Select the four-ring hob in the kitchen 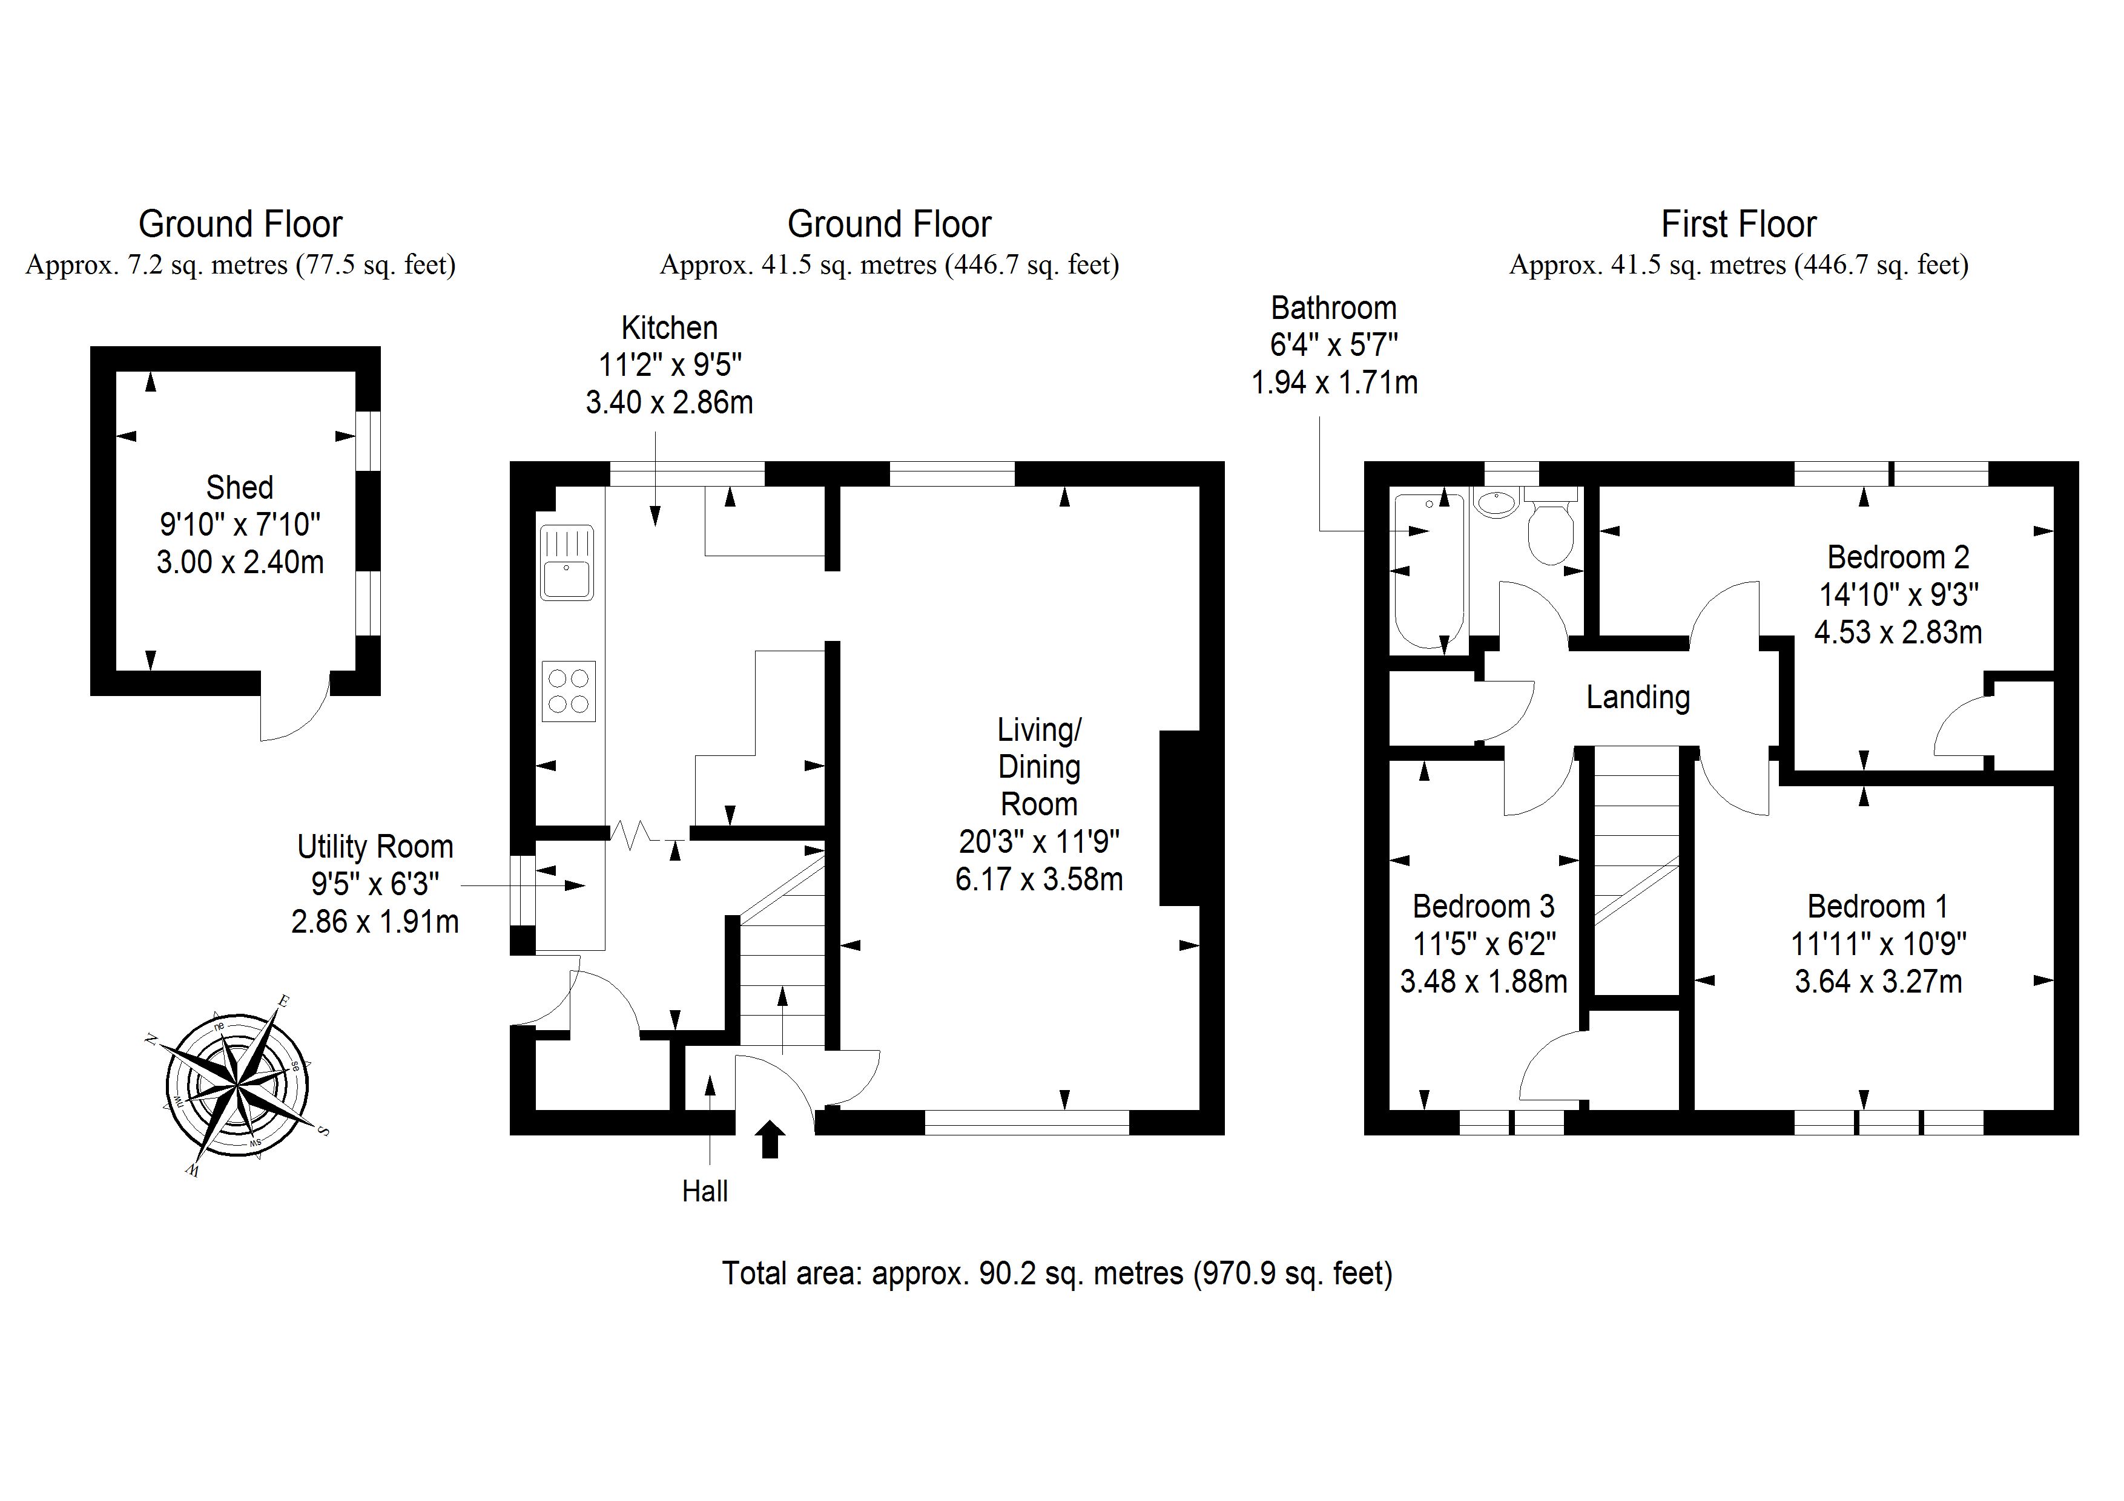click(x=568, y=691)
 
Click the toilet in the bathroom click(x=1551, y=532)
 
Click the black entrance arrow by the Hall click(x=771, y=1140)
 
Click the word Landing click(x=1637, y=697)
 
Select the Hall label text click(x=705, y=1191)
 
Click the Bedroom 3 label click(x=1483, y=905)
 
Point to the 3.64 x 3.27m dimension click(x=1878, y=981)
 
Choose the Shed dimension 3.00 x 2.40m click(x=240, y=562)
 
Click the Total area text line click(x=1057, y=1273)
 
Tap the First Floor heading click(x=1738, y=224)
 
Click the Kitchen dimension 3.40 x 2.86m click(x=669, y=402)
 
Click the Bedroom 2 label click(x=1898, y=557)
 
